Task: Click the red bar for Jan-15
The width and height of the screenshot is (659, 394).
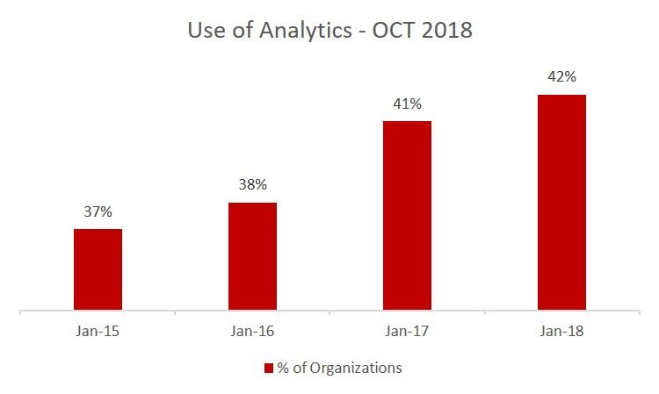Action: pos(98,269)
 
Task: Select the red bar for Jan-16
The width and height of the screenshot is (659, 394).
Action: pos(252,256)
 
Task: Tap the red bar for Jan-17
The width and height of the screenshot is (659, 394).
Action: pos(407,216)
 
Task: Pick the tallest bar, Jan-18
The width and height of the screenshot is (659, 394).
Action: pos(562,202)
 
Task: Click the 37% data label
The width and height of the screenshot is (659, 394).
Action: pos(98,211)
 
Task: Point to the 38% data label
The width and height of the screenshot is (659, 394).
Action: pos(252,184)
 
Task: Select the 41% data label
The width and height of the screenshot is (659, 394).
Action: pos(407,104)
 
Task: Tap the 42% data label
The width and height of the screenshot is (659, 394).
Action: pos(562,77)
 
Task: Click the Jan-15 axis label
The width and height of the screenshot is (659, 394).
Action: pos(98,331)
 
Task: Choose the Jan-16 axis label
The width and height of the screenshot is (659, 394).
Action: pos(252,331)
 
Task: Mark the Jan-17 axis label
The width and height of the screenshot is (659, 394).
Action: pos(407,331)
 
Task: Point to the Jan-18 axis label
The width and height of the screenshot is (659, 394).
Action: pos(562,331)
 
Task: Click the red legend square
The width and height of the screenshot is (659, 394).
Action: pos(269,369)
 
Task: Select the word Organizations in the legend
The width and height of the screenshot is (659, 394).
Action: pos(356,369)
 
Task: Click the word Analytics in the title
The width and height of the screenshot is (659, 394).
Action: pos(306,31)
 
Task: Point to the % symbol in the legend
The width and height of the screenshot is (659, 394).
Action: pos(283,368)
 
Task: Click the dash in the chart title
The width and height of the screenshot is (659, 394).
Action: pos(362,32)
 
